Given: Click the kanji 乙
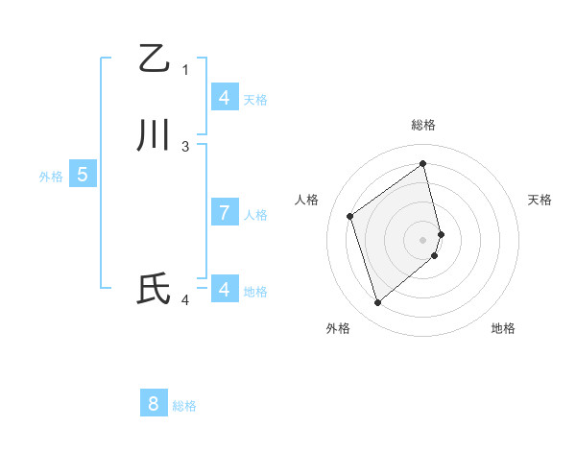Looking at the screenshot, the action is click(154, 59).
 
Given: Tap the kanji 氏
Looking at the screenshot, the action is click(154, 289).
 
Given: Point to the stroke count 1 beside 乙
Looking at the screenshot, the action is click(185, 69).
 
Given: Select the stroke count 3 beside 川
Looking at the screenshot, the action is click(185, 147).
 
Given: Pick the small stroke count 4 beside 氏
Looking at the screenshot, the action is click(185, 300).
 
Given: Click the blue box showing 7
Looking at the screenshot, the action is click(224, 213).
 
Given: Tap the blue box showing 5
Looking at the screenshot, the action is click(83, 175).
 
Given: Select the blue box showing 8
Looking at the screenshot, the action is click(154, 404).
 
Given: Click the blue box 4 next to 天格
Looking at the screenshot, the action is click(224, 97).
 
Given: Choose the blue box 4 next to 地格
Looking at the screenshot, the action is click(224, 289).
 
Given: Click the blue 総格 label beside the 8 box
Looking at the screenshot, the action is click(184, 406).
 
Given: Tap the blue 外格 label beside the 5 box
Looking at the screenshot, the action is click(51, 177).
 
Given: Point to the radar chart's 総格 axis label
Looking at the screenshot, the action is click(423, 125).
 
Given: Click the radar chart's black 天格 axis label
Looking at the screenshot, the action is click(540, 200).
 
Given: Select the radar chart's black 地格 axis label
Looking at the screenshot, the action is click(503, 328).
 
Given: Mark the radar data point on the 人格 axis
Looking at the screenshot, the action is click(350, 216).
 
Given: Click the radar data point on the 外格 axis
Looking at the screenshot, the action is click(377, 303).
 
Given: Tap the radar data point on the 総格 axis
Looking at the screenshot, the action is click(423, 163).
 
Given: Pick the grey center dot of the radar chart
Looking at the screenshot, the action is click(423, 238).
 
